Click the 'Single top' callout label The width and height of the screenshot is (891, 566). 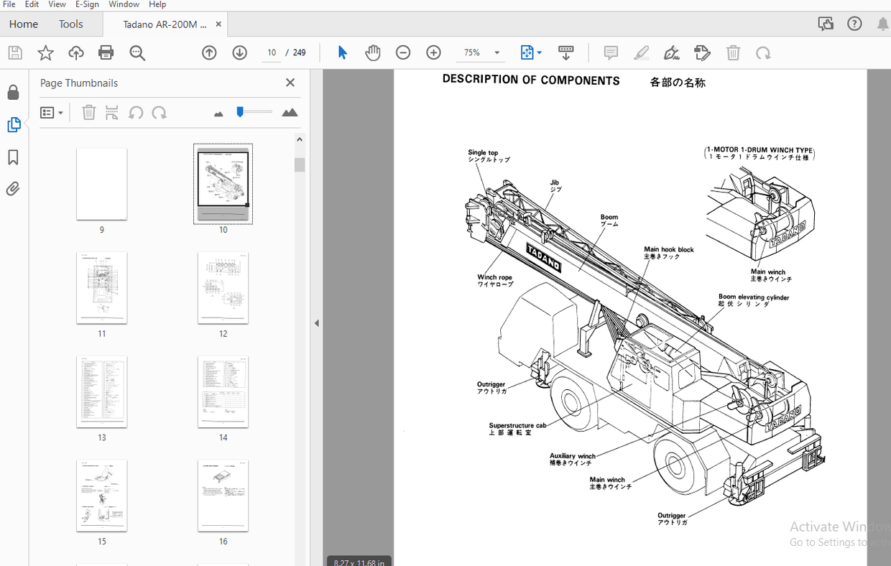point(483,153)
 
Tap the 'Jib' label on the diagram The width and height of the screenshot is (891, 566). point(555,183)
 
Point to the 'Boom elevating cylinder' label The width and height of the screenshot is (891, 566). point(753,297)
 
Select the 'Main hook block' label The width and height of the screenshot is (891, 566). point(668,250)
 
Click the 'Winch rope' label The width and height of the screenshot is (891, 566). point(494,278)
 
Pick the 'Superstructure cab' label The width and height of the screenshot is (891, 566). point(517,426)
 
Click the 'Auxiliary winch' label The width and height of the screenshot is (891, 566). point(573,456)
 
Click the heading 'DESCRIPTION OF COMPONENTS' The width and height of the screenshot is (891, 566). point(531,80)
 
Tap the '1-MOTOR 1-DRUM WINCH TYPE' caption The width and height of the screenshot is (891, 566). point(760,151)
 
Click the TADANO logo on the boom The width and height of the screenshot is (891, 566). point(544,258)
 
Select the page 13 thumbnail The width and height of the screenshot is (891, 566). point(102,391)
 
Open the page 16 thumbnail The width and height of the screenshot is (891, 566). point(223,496)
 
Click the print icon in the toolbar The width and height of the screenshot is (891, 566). point(106,52)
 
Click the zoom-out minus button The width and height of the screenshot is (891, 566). point(403,52)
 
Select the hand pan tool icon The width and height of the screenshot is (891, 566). point(372,52)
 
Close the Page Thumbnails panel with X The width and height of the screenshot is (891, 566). point(290,83)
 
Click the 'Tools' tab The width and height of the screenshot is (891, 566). point(70,24)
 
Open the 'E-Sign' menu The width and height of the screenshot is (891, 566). point(86,4)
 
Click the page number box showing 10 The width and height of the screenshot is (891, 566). point(272,52)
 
